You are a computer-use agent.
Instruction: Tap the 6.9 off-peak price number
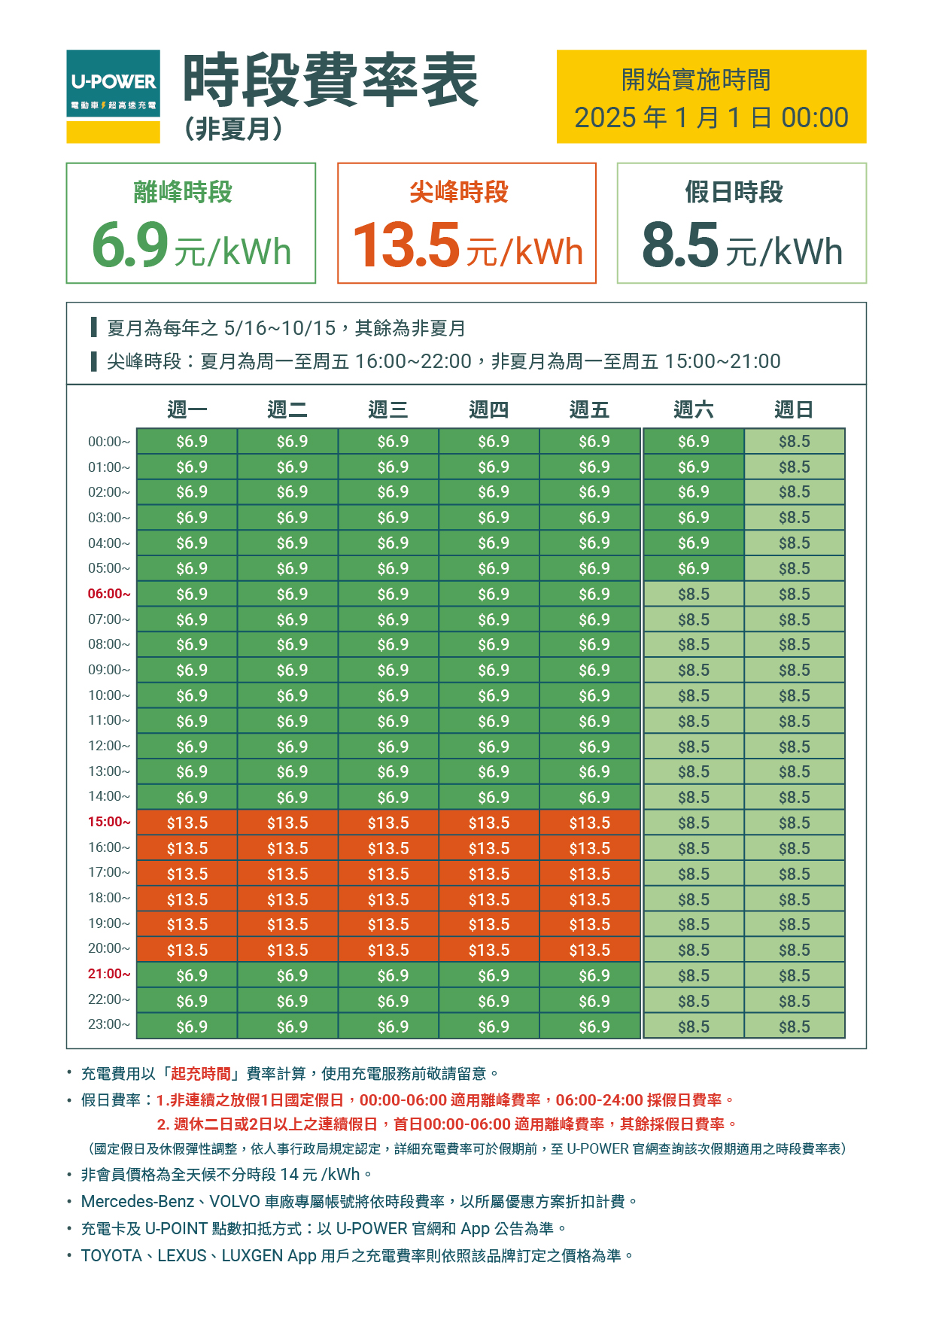pos(130,245)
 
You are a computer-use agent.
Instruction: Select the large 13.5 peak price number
pos(406,245)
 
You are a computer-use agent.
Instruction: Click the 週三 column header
pos(388,409)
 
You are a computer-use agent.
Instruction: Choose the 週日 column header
pos(794,409)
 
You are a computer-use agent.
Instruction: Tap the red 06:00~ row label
pos(109,594)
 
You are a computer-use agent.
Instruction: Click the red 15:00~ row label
pos(109,822)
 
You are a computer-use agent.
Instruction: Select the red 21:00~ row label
pos(109,974)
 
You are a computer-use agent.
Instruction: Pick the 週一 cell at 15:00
pos(187,823)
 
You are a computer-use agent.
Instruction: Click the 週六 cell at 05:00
pos(693,569)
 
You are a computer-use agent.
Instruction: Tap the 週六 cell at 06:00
pos(693,595)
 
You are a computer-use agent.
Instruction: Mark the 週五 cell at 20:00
pos(590,950)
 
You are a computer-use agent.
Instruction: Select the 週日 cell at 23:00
pos(794,1026)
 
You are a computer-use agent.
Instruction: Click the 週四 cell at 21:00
pos(490,975)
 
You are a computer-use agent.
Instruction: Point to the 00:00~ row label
pos(109,442)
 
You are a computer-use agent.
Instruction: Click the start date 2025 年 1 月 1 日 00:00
pos(711,117)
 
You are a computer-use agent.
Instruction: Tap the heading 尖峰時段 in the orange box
pos(459,192)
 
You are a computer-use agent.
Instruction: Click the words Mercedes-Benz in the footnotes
pos(138,1201)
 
